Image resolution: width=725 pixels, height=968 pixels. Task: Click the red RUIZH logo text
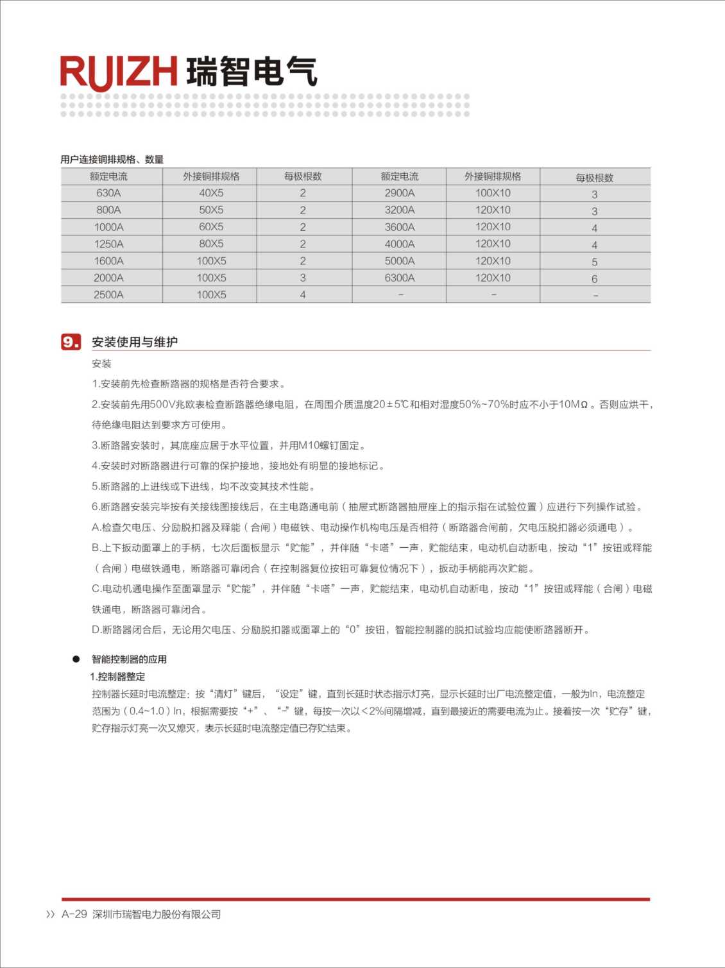(119, 71)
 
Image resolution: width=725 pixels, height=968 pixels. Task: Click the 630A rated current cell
(108, 193)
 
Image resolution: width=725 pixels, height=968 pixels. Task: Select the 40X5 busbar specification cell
(211, 193)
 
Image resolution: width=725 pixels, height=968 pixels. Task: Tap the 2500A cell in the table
(108, 295)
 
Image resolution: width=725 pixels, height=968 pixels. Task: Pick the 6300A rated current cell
(399, 278)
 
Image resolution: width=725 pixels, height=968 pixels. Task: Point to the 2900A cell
(399, 193)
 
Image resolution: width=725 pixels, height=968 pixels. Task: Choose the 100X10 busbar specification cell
(493, 193)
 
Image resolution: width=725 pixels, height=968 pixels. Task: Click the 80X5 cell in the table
(211, 244)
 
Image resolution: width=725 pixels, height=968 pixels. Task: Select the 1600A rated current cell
(108, 261)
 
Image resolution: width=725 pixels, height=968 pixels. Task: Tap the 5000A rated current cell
(399, 261)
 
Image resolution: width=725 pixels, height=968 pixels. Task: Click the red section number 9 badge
(71, 342)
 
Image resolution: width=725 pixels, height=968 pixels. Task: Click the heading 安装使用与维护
(135, 342)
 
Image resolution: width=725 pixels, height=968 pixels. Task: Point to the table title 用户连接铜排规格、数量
(112, 159)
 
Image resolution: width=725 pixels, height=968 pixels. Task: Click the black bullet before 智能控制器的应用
(76, 659)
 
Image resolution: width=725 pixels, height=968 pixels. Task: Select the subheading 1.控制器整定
(118, 677)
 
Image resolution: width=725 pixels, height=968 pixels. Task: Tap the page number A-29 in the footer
(74, 914)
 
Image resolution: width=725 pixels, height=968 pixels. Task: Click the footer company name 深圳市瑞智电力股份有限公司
(157, 914)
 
